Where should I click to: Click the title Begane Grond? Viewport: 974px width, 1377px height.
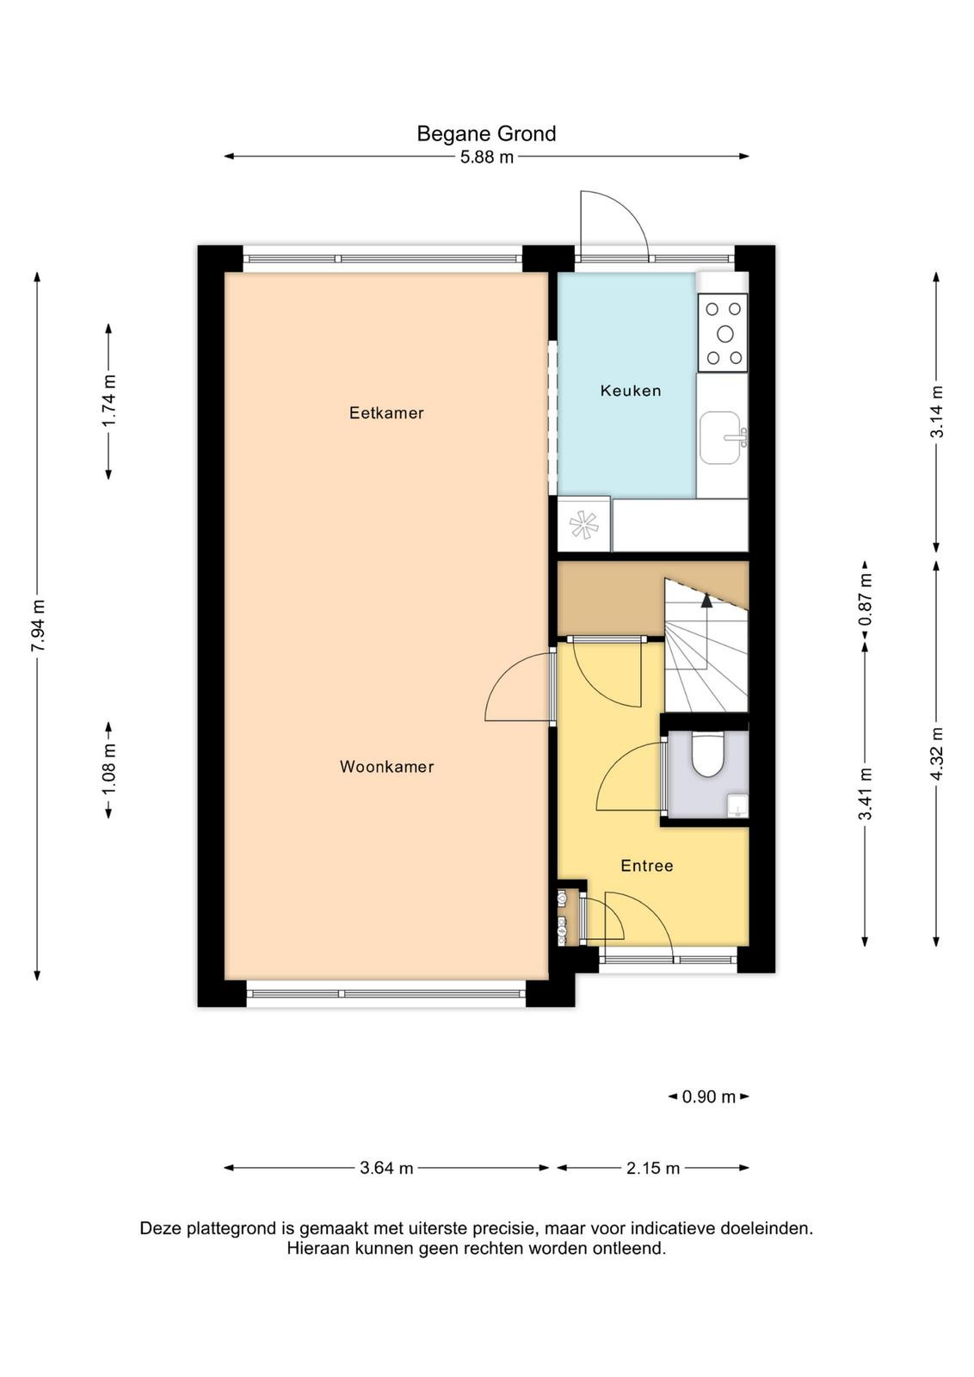point(486,134)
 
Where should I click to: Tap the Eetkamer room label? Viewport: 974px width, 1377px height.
point(386,412)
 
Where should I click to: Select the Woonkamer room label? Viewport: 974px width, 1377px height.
point(386,767)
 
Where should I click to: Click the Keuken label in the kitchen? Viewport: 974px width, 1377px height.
point(631,391)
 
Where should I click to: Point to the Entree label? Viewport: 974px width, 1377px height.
point(646,866)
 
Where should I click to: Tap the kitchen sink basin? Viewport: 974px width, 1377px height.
point(719,438)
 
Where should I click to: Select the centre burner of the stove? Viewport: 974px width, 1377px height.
point(725,334)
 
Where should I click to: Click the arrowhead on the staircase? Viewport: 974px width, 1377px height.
point(706,601)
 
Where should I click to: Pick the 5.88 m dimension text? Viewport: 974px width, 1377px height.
point(487,157)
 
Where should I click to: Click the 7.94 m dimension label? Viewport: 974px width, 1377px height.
point(38,625)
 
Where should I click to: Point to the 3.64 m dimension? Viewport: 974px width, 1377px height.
point(386,1168)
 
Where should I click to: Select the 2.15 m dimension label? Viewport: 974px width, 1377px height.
point(652,1168)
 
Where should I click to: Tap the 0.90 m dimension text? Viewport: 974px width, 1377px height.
point(708,1096)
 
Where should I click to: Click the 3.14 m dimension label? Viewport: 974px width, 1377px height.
point(936,411)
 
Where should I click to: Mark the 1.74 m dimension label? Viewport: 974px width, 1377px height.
point(109,401)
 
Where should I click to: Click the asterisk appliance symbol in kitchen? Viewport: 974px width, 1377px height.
point(583,525)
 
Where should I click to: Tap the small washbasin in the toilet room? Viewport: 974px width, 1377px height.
point(737,806)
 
